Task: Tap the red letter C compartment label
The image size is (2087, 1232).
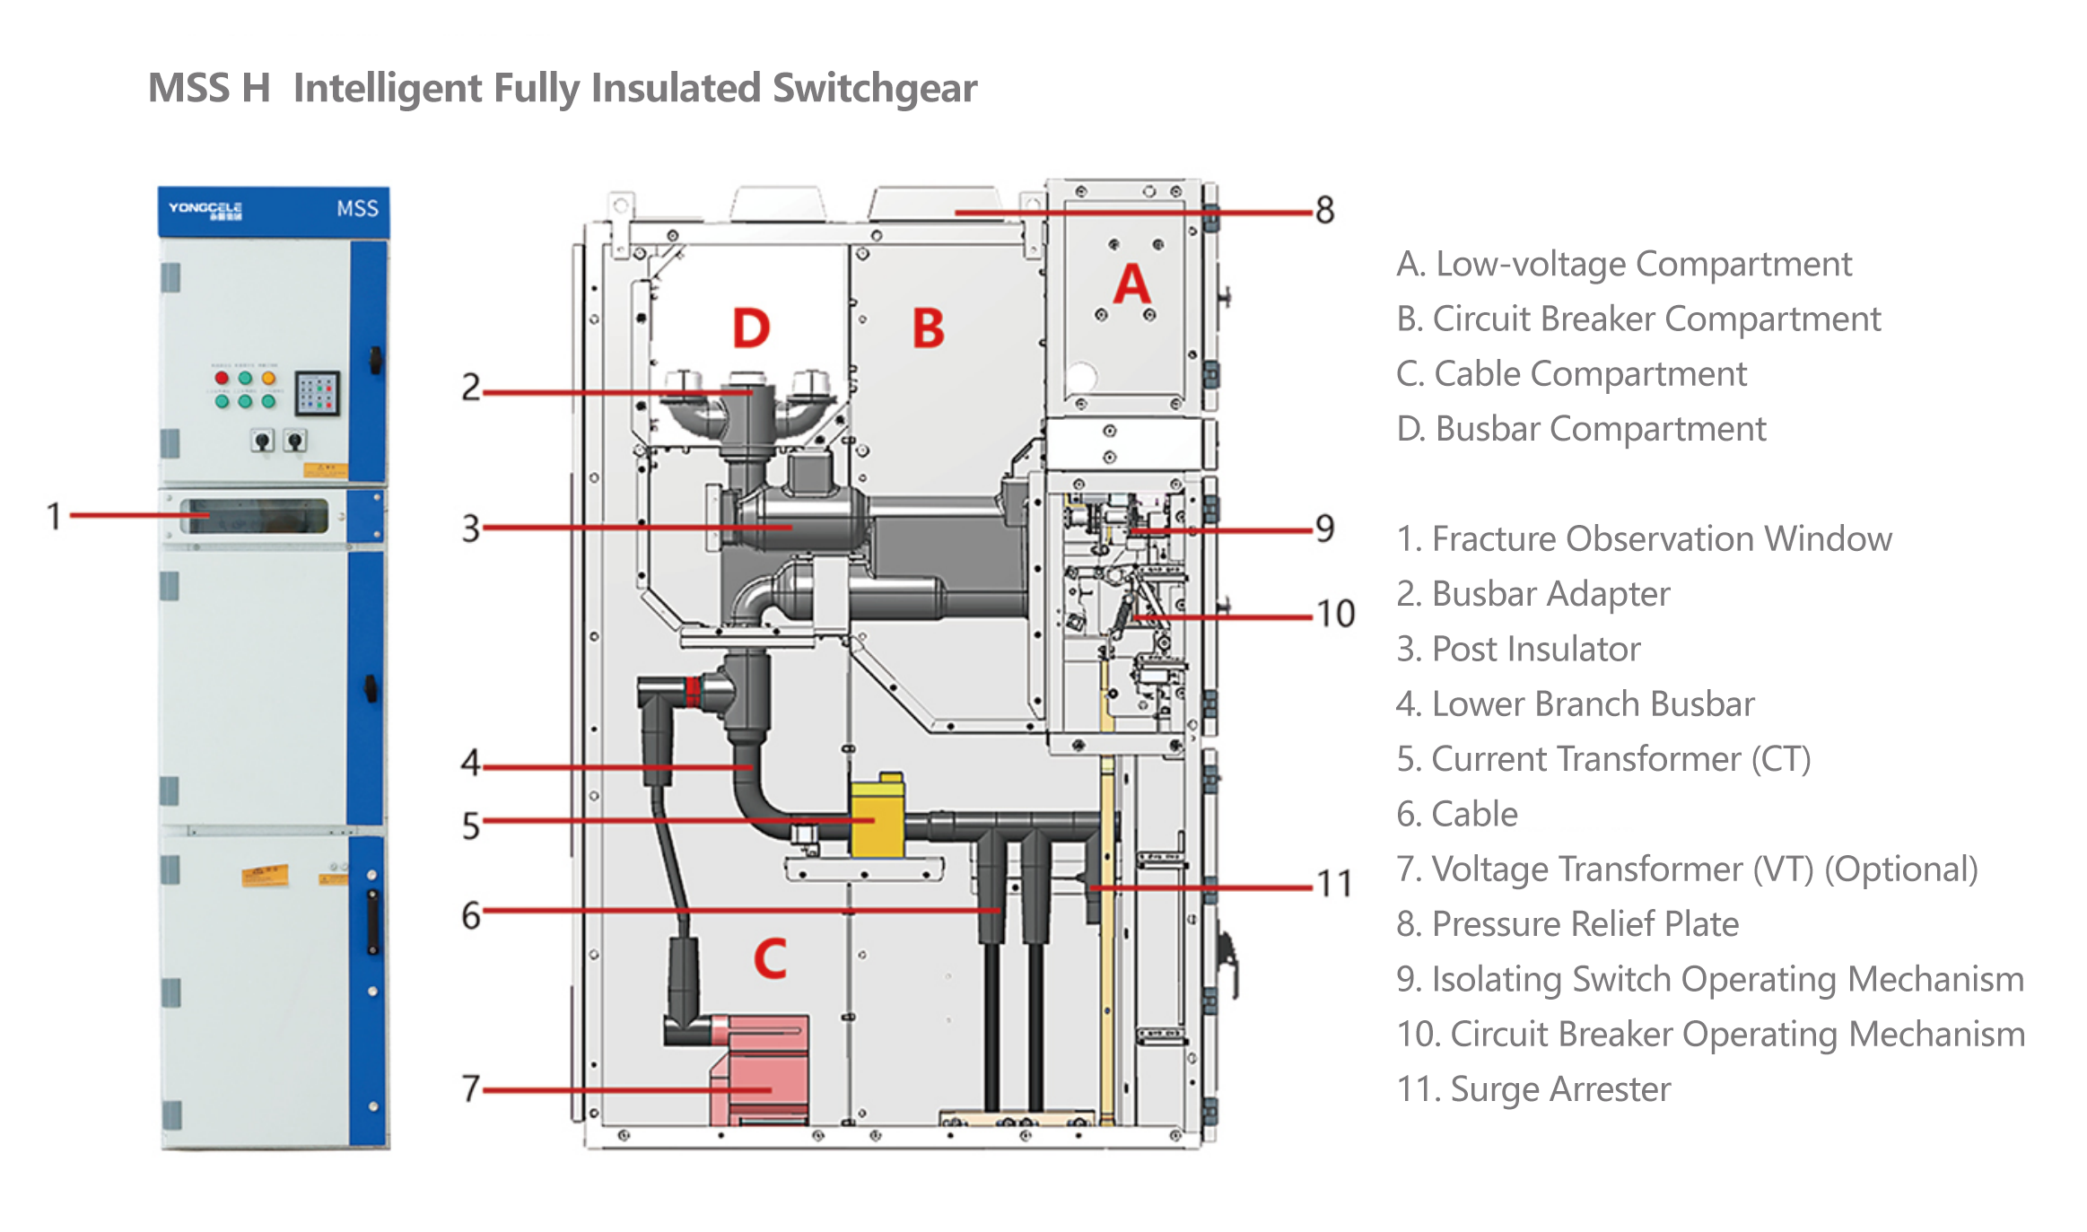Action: (770, 958)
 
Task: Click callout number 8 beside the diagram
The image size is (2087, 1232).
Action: (1324, 211)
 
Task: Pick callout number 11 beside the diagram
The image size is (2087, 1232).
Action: (1333, 884)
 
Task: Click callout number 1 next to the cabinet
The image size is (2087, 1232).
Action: (54, 516)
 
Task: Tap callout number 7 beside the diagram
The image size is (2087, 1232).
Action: (471, 1088)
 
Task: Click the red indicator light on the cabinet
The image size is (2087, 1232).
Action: (222, 378)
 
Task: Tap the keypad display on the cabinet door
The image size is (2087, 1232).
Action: (317, 393)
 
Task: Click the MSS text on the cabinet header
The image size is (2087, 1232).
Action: (357, 209)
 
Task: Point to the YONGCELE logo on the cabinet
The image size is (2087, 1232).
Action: (205, 210)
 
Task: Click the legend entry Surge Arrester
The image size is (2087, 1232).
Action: (1533, 1089)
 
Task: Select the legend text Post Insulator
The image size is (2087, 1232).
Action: (1518, 649)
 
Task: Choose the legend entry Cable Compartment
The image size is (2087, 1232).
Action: (1571, 373)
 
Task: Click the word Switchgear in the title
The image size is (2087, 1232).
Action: (874, 89)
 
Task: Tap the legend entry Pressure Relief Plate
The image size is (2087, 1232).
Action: (1567, 924)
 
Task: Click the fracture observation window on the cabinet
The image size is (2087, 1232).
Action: (256, 517)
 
